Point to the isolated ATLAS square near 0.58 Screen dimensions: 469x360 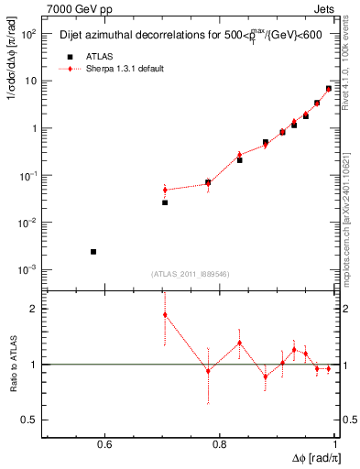tap(93, 251)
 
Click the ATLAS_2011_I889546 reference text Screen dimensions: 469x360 tap(190, 274)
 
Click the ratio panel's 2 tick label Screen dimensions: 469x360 tap(37, 309)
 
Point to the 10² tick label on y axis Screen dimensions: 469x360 tap(29, 34)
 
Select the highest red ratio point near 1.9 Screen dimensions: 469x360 tap(165, 315)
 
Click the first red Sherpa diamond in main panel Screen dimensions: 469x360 tap(165, 190)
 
